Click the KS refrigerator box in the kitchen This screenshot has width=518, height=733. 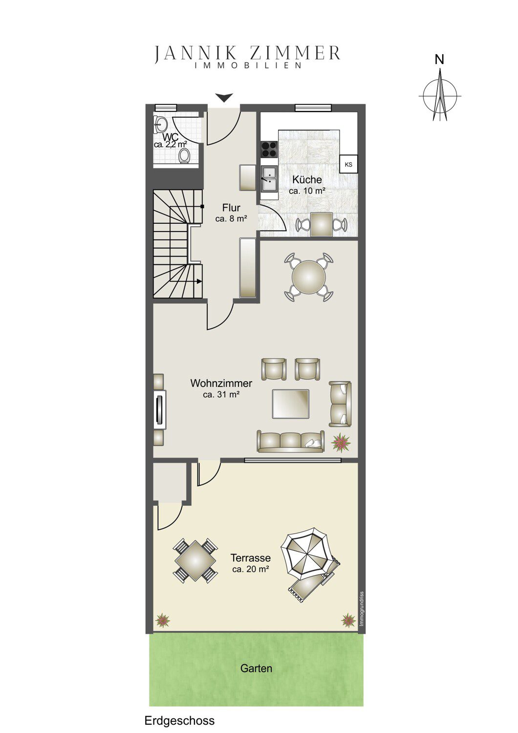point(348,164)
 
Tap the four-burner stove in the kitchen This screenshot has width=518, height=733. point(269,149)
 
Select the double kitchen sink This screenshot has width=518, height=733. point(269,179)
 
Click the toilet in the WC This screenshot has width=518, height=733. point(185,155)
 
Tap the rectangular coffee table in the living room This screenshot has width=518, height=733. point(291,404)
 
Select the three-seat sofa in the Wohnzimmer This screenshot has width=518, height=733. point(291,441)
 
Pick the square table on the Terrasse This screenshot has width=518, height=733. point(195,561)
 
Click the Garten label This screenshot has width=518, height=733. point(256,668)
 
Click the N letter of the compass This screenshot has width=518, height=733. point(439,60)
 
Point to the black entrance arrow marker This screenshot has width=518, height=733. point(224,97)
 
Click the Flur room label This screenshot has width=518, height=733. point(231,208)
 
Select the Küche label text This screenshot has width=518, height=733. point(307,180)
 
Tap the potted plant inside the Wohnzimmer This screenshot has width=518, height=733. point(341,442)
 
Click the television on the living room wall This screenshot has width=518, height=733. point(160,409)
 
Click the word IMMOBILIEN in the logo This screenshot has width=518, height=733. point(248,65)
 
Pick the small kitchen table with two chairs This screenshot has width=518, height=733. point(321,224)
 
